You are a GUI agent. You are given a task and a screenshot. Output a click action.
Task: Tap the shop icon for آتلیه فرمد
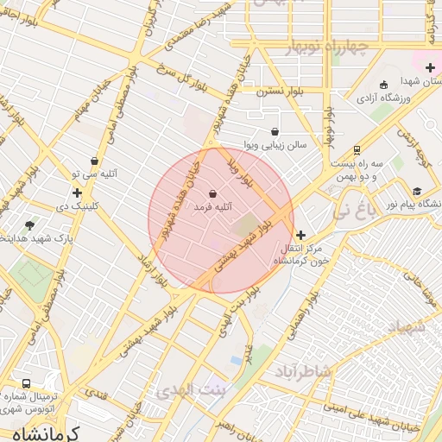(213, 194)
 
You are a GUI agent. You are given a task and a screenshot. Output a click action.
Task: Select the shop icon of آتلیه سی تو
(94, 161)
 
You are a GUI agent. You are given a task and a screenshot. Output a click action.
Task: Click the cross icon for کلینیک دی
(78, 193)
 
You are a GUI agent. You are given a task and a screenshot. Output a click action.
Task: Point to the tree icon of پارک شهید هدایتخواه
(31, 225)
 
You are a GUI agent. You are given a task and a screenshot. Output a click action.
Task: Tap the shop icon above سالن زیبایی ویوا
(275, 132)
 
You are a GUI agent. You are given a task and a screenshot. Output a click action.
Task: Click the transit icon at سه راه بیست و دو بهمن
(357, 149)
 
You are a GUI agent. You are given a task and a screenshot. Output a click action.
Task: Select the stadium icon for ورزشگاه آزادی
(384, 85)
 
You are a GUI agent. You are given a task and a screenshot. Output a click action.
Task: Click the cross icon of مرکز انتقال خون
(300, 235)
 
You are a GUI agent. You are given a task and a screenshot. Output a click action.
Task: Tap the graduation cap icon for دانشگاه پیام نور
(418, 192)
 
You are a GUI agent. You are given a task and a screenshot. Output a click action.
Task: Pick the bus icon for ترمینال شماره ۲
(26, 383)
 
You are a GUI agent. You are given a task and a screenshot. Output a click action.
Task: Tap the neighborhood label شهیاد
(407, 326)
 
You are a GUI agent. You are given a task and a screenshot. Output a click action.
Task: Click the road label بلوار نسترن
(277, 89)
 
